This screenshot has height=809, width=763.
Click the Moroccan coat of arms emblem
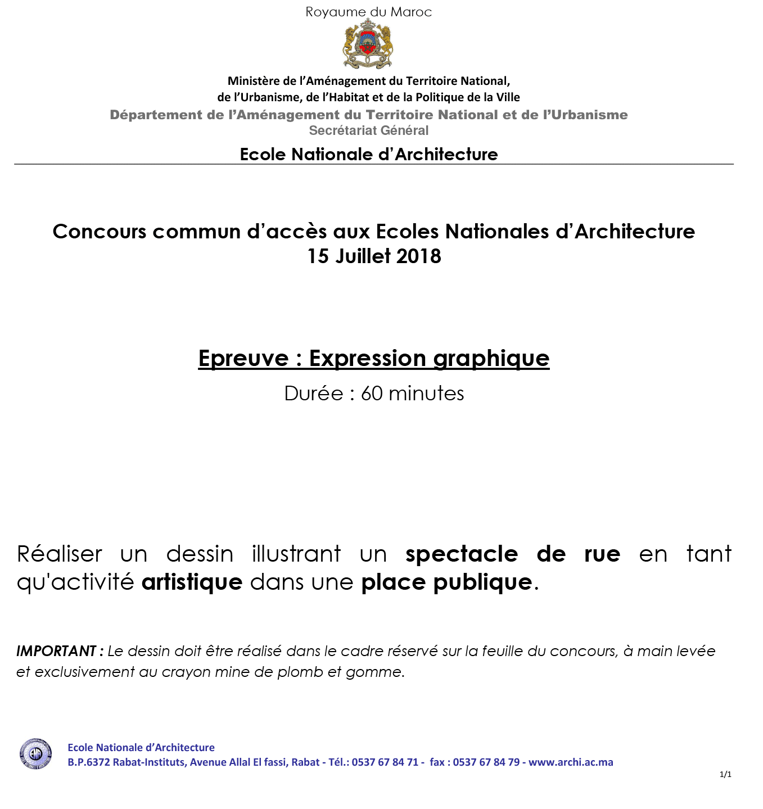point(368,44)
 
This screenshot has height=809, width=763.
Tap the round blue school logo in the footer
point(36,754)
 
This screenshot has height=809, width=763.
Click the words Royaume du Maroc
point(368,12)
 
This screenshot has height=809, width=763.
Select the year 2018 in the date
point(418,256)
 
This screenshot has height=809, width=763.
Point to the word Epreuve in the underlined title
point(243,358)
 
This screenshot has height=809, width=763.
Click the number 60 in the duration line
point(372,394)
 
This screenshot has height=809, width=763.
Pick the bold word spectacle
point(462,554)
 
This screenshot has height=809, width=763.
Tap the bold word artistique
point(192,582)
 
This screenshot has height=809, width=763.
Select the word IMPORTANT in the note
point(57,651)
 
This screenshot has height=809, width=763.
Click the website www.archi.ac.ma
point(571,762)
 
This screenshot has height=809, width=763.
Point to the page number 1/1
point(725,775)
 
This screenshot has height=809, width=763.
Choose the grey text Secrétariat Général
point(368,130)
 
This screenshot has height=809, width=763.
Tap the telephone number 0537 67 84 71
point(385,762)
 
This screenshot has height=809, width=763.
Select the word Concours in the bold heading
point(100,232)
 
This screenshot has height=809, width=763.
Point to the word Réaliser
point(60,554)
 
